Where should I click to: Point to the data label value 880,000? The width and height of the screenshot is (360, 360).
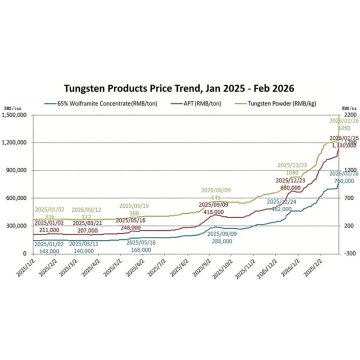click(291, 187)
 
